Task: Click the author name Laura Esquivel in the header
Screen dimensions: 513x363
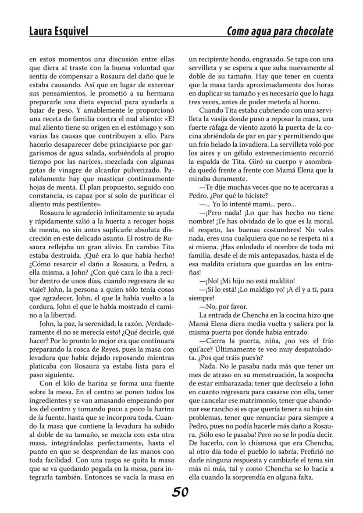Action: [58, 32]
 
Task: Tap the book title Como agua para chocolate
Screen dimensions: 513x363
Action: [280, 32]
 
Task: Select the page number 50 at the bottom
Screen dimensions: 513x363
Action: [180, 492]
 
